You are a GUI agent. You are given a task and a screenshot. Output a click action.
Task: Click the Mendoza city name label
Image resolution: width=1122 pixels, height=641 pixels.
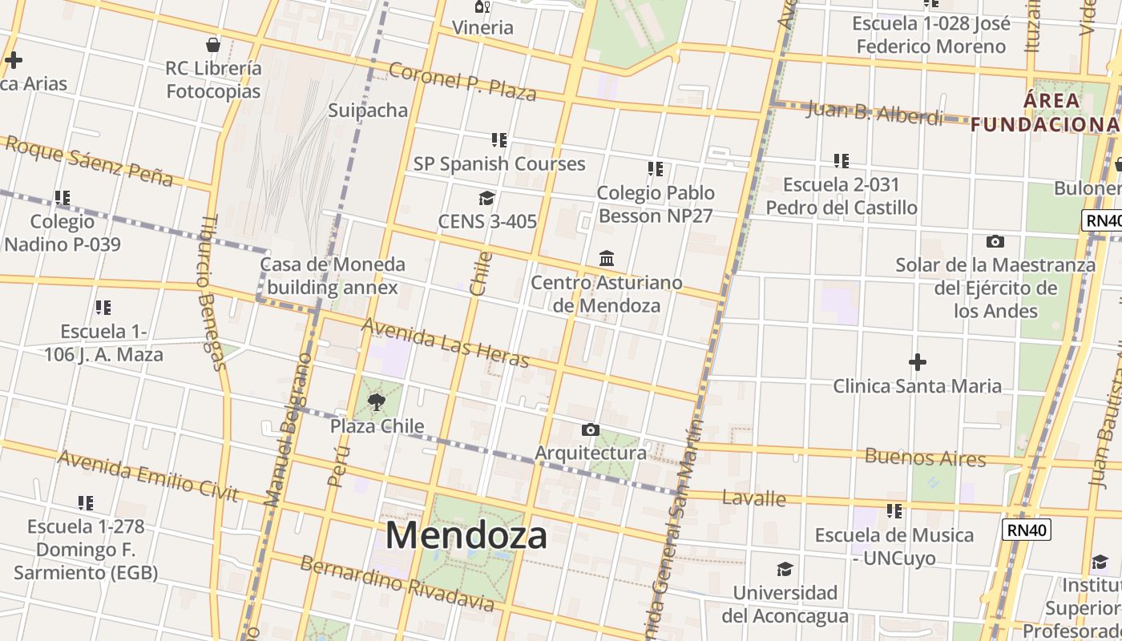click(x=466, y=535)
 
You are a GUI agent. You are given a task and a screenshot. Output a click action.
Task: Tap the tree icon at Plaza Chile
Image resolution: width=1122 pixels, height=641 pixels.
click(x=376, y=401)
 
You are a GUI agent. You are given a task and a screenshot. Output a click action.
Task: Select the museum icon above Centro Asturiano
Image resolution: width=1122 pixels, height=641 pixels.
click(x=607, y=259)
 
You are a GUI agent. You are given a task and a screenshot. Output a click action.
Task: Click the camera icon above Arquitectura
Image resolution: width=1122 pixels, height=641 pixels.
click(x=591, y=429)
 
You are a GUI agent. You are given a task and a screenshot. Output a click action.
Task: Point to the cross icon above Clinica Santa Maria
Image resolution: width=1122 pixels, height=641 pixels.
click(x=918, y=362)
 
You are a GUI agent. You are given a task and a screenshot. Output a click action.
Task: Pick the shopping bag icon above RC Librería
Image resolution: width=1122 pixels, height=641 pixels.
click(x=213, y=44)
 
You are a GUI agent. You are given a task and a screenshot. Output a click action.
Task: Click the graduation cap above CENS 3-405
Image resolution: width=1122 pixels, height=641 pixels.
click(x=486, y=198)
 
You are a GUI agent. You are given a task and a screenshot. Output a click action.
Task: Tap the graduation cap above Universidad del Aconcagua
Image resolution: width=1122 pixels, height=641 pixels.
click(x=785, y=570)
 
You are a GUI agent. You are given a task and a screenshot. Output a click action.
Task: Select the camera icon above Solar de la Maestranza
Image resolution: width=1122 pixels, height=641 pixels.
click(x=995, y=241)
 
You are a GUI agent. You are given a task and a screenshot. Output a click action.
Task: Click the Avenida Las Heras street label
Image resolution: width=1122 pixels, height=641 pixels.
click(x=445, y=343)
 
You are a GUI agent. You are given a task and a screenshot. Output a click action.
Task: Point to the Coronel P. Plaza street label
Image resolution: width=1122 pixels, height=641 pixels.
click(x=462, y=82)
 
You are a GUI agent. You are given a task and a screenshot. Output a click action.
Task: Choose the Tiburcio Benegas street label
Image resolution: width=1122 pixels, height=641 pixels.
click(x=212, y=292)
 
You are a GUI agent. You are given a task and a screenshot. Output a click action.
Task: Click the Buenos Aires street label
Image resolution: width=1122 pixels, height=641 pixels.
click(x=925, y=458)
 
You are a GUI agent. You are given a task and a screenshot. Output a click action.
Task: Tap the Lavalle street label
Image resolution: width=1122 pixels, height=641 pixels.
click(x=754, y=498)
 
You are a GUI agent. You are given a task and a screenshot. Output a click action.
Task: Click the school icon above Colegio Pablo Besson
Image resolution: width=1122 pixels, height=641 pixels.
click(x=656, y=169)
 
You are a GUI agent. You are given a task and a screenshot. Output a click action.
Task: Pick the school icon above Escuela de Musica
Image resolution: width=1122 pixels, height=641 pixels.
click(x=894, y=510)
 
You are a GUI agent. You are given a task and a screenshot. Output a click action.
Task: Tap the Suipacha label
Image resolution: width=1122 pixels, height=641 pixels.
click(x=368, y=111)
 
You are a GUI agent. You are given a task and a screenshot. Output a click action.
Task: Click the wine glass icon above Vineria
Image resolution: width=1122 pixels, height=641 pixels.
click(x=482, y=6)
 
